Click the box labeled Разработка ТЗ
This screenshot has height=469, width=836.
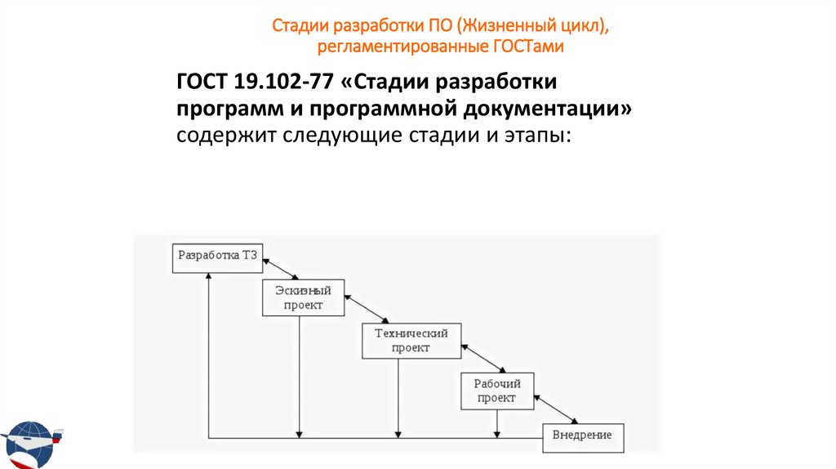click(x=217, y=257)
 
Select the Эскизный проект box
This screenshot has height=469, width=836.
click(x=303, y=298)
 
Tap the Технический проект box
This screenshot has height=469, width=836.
click(x=411, y=340)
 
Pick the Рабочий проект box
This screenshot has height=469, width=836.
click(x=496, y=391)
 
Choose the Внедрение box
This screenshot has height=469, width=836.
click(x=582, y=436)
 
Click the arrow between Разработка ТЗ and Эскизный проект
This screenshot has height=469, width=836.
click(x=282, y=270)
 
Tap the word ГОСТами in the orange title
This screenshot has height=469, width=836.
click(x=529, y=47)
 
